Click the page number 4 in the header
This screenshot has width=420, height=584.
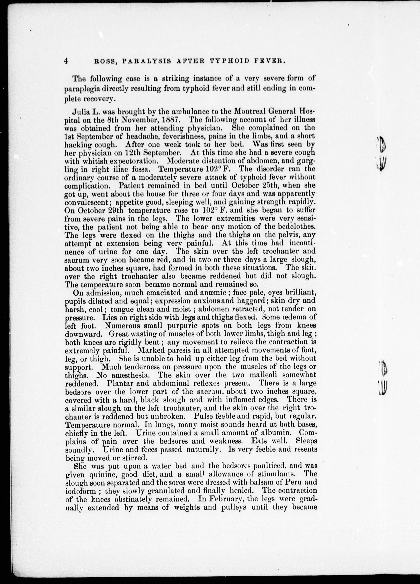coord(66,61)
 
